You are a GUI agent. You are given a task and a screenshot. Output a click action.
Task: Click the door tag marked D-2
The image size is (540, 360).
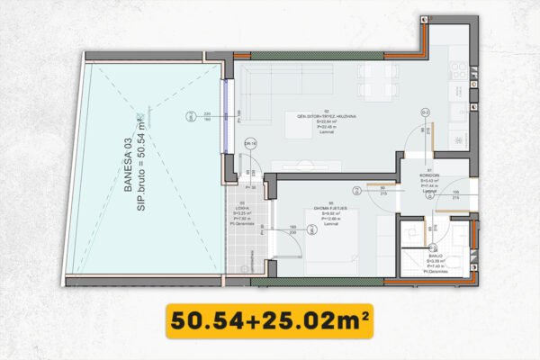click(x=425, y=112)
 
